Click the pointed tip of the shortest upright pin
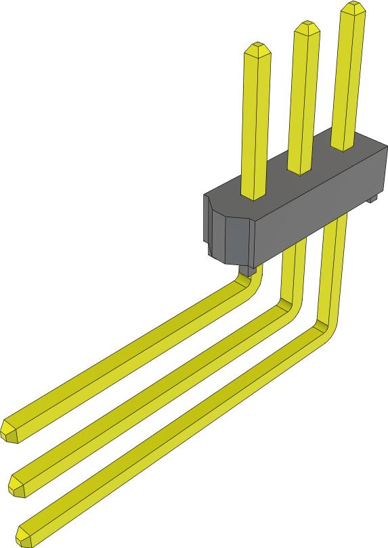point(257,48)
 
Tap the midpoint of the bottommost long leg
point(176,433)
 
